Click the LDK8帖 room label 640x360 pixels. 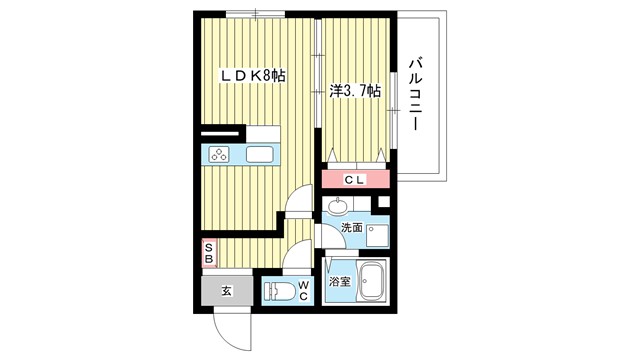[x=253, y=76]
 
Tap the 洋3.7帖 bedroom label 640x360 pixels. [x=355, y=91]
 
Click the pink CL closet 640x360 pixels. [x=355, y=179]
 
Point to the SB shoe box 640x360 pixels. [x=209, y=253]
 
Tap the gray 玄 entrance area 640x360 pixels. [x=227, y=291]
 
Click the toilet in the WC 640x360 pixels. [x=280, y=292]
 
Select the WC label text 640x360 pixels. [x=303, y=291]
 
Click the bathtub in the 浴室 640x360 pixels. [x=371, y=281]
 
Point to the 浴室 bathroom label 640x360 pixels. [x=340, y=282]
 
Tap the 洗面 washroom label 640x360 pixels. [x=352, y=228]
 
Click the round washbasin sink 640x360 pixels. [x=338, y=206]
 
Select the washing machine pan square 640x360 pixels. [x=378, y=236]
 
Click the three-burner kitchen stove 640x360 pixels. [x=219, y=155]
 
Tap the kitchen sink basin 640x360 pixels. [x=260, y=154]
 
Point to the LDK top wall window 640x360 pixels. [x=256, y=15]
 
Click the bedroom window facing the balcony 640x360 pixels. [x=393, y=110]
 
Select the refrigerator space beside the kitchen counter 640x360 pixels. [x=263, y=134]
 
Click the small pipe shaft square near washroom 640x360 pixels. [x=384, y=202]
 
